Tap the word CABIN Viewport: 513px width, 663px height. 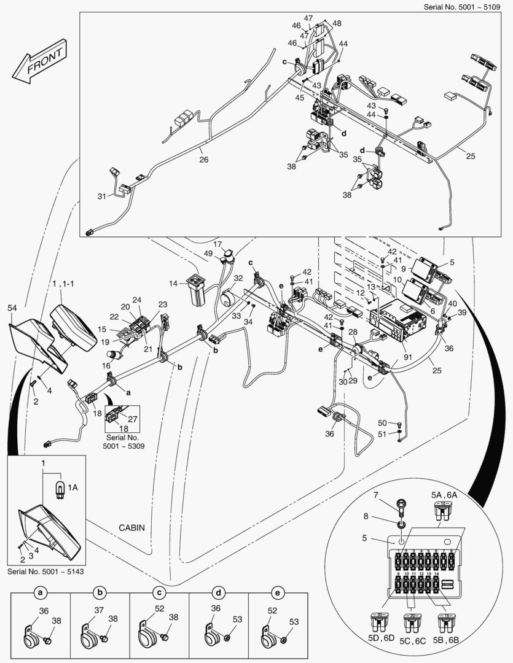click(133, 527)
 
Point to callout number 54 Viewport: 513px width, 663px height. click(13, 307)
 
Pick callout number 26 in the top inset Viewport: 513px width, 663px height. click(203, 160)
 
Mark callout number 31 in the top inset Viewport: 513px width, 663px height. click(101, 196)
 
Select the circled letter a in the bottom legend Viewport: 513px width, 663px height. click(41, 594)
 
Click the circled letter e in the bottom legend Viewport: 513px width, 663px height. click(278, 594)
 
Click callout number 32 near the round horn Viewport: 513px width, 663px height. click(238, 278)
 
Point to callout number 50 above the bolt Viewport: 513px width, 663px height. click(382, 423)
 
